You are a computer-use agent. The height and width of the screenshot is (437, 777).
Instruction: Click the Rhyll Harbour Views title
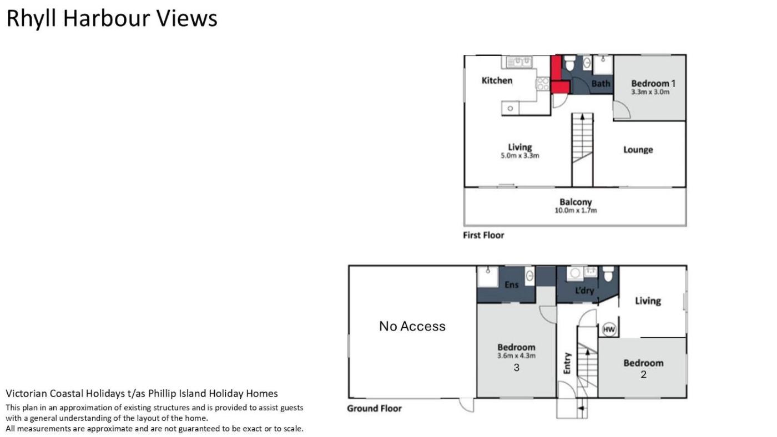click(112, 18)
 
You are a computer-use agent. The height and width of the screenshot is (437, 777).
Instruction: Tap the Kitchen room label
click(497, 80)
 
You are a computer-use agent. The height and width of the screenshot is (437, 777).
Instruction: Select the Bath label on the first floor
click(601, 84)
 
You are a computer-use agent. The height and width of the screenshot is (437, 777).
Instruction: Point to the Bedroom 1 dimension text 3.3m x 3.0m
click(650, 92)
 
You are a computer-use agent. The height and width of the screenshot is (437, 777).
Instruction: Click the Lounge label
click(638, 150)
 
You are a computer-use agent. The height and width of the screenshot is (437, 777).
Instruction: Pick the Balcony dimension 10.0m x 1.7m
click(576, 210)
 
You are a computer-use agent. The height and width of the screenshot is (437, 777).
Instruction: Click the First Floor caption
click(483, 235)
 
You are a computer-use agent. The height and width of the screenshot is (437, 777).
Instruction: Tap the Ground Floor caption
click(374, 409)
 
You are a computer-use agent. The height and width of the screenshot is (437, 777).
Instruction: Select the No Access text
click(412, 326)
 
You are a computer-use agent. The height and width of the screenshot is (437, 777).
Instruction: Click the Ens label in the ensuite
click(511, 285)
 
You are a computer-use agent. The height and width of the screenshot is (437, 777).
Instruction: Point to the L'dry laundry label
click(584, 290)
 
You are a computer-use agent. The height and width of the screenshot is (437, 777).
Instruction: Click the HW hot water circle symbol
click(609, 329)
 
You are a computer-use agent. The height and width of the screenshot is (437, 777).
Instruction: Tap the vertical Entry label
click(567, 363)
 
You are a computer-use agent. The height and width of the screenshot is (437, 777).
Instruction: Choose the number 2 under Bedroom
click(643, 375)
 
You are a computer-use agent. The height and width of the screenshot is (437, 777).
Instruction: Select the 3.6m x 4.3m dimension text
click(516, 355)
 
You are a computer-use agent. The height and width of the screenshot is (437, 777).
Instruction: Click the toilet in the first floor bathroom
click(569, 63)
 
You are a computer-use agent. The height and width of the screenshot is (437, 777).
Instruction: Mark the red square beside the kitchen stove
click(560, 87)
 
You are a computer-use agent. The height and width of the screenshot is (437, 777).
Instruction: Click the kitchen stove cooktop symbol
click(543, 84)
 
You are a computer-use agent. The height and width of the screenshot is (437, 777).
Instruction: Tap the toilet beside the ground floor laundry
click(608, 274)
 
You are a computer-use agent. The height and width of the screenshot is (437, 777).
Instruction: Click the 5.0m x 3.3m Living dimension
click(519, 156)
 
